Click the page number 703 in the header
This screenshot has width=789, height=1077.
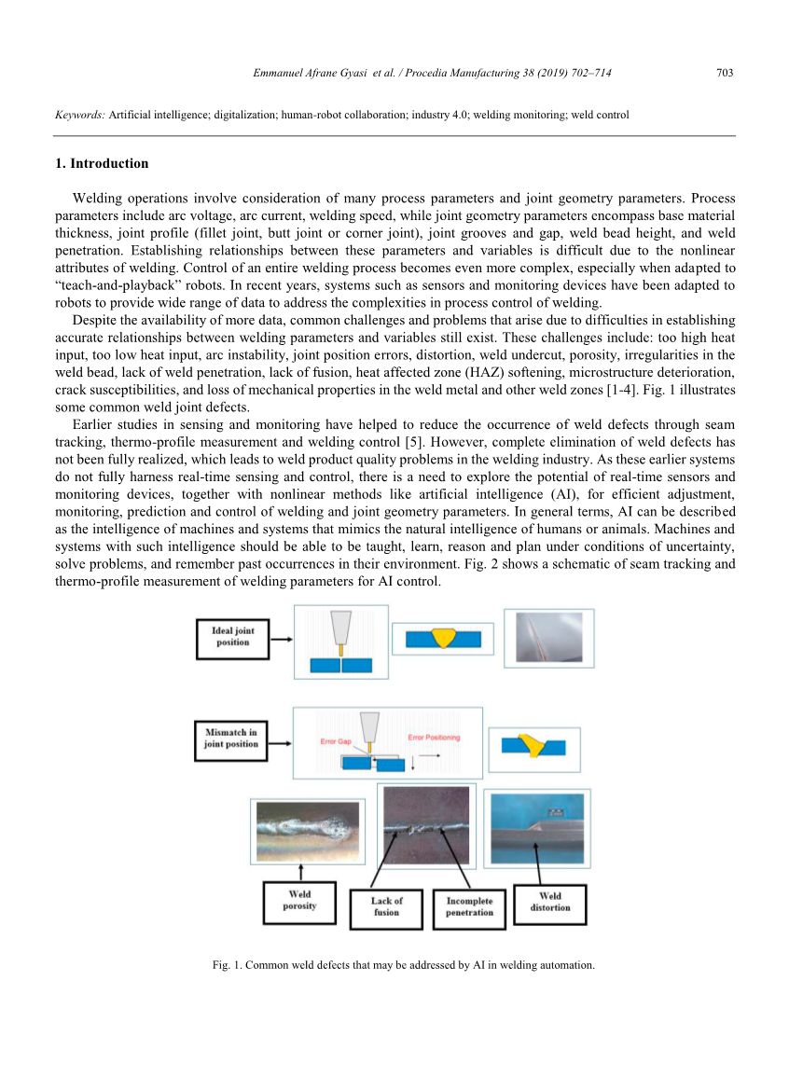pos(724,73)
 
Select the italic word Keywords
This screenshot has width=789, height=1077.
pos(79,116)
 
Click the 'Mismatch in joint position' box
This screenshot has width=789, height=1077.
pos(230,739)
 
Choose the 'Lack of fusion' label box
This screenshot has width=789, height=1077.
pos(386,907)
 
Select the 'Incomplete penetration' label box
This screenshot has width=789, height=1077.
pos(469,907)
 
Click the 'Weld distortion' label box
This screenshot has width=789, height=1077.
pos(550,903)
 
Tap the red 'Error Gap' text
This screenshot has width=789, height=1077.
pos(335,741)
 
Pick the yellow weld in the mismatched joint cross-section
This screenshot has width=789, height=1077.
pos(534,744)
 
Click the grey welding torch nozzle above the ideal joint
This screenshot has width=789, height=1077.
pos(341,624)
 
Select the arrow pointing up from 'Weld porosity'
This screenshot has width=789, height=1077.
pos(300,871)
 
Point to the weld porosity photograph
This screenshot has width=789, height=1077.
pos(306,831)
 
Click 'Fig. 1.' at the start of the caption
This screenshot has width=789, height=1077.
pos(228,965)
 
